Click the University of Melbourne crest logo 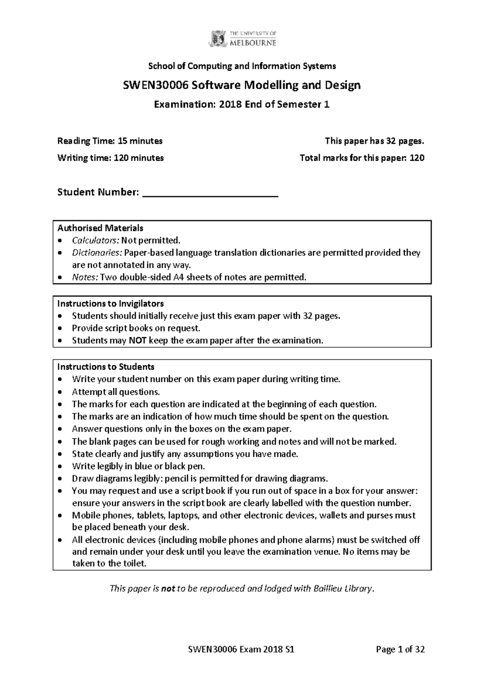click(x=217, y=39)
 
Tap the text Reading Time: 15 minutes click(x=110, y=141)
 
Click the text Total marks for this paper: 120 click(x=362, y=158)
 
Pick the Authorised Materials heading click(x=100, y=228)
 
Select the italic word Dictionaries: click(x=97, y=253)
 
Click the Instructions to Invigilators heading click(x=110, y=303)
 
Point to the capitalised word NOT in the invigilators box click(x=137, y=340)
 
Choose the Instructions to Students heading click(x=106, y=367)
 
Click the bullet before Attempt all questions click(x=60, y=392)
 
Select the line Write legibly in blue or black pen click(x=138, y=466)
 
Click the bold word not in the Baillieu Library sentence click(x=168, y=589)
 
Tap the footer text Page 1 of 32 click(x=400, y=649)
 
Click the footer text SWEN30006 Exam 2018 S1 click(x=241, y=649)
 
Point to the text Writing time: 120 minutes click(x=110, y=158)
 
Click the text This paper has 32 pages click(x=374, y=141)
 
